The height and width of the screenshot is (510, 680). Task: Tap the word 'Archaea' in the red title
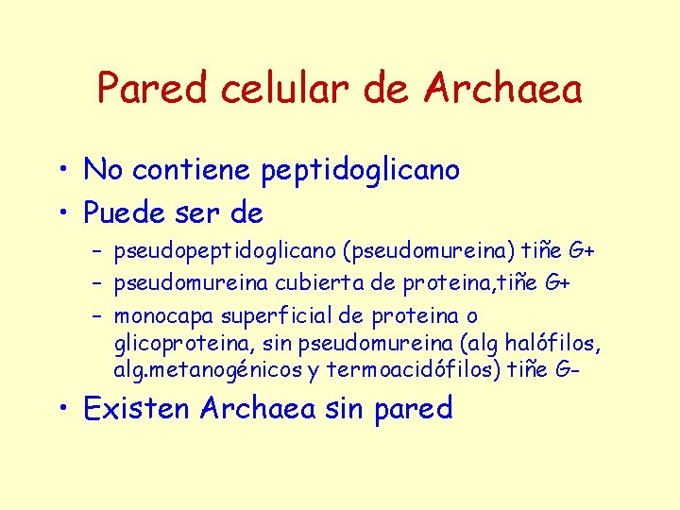tap(502, 90)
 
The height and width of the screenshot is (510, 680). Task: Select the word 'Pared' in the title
tap(152, 90)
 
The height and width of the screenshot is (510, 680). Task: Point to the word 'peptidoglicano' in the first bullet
tap(360, 171)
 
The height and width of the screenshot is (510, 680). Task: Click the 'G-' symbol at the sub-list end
tap(565, 369)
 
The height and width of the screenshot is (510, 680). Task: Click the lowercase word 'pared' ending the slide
tap(413, 410)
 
